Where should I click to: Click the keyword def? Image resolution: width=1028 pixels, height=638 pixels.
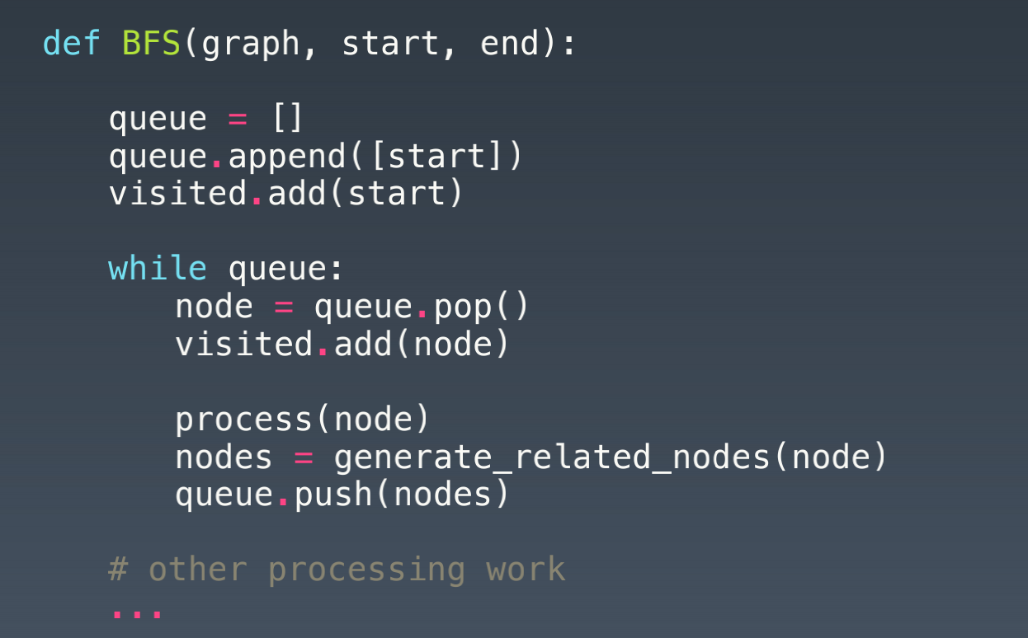point(72,43)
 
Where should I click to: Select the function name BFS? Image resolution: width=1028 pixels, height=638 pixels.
point(151,43)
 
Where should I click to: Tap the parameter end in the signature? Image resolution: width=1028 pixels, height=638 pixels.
point(509,43)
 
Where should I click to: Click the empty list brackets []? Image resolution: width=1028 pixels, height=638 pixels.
point(288,118)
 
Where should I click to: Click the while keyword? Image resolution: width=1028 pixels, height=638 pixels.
point(158,269)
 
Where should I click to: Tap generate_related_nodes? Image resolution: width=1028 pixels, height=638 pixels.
point(552,457)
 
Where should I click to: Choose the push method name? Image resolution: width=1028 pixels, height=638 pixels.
point(332,495)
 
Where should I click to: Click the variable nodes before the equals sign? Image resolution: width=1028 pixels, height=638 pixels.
point(224,457)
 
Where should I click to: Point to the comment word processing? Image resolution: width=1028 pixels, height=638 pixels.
point(366,570)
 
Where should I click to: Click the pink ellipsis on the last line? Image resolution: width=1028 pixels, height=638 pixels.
point(137,613)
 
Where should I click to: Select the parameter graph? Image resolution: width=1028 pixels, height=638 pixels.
point(250,43)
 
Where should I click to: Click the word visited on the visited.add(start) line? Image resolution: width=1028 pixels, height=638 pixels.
point(177,194)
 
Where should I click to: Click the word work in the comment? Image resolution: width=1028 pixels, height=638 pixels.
point(526,570)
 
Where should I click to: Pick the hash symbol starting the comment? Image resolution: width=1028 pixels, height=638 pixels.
point(118,570)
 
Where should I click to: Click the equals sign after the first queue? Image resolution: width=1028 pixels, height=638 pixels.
point(238,118)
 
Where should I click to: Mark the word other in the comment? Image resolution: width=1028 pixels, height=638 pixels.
point(197,570)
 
